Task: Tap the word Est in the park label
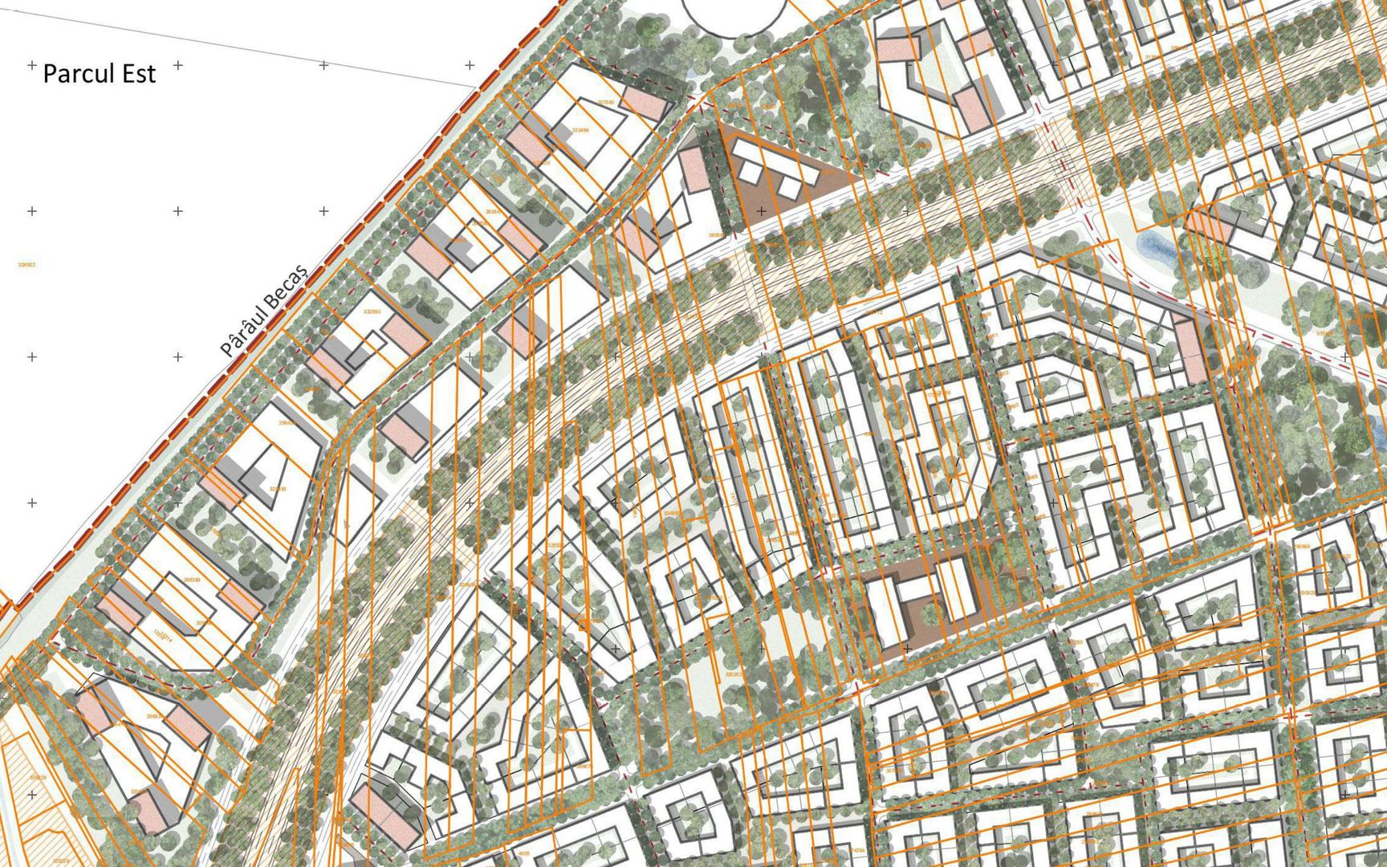point(138,74)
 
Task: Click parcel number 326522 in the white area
point(26,264)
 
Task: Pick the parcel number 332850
point(372,311)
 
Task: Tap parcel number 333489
point(580,129)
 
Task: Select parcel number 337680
point(605,102)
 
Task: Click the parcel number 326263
point(734,675)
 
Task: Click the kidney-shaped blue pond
point(1157,248)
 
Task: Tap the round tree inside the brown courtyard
point(930,614)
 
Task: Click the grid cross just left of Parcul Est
point(32,64)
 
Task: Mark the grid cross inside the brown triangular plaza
point(761,211)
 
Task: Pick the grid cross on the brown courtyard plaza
point(907,648)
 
